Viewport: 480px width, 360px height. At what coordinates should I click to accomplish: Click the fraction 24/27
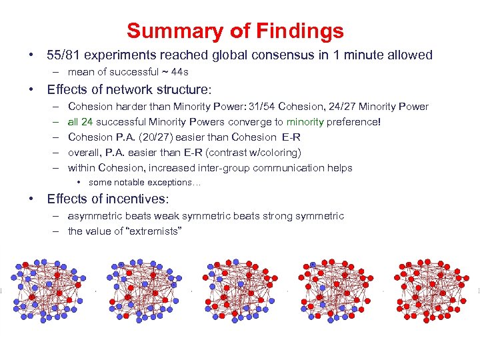340,107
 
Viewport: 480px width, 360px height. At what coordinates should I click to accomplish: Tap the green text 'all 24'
81,122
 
